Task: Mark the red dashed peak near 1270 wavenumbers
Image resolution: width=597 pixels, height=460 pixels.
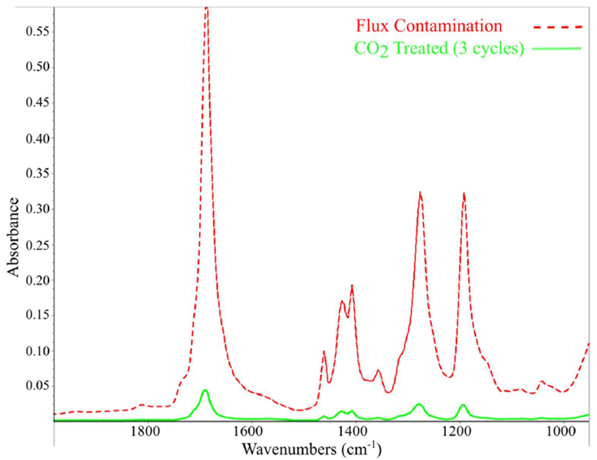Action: (x=420, y=193)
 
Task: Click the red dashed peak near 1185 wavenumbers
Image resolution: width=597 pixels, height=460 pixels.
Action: (x=464, y=193)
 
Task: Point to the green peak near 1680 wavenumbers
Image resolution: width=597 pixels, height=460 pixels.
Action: (x=206, y=390)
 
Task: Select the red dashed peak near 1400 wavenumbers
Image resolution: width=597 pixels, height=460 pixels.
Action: (x=351, y=285)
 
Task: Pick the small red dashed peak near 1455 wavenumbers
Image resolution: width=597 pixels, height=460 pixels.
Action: (x=324, y=351)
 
